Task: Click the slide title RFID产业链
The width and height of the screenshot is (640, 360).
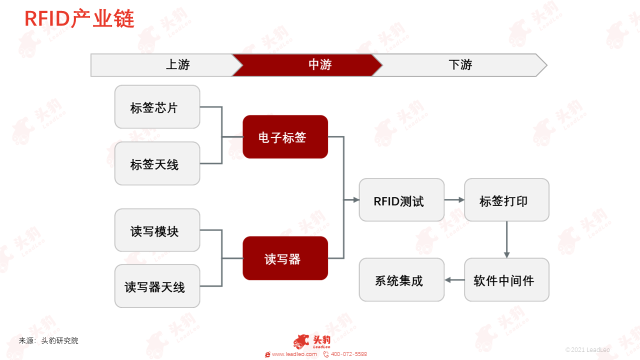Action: tap(79, 18)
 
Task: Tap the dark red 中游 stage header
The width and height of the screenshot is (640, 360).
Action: tap(307, 65)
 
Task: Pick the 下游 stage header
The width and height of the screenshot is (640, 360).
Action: tap(460, 65)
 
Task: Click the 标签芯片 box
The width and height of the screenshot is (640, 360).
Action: tap(157, 107)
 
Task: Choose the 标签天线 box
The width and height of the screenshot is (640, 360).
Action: tap(157, 163)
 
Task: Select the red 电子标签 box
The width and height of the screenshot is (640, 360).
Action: tap(285, 137)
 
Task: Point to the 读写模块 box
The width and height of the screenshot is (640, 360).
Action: tap(157, 230)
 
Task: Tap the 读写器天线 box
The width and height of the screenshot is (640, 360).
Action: tap(157, 286)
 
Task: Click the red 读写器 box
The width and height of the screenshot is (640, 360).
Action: tap(285, 258)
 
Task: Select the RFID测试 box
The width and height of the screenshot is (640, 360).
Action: tap(401, 200)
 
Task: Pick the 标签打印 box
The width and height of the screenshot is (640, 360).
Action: tap(506, 200)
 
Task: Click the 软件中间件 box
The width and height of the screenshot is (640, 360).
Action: tap(506, 279)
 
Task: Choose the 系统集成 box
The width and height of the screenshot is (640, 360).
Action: tap(401, 279)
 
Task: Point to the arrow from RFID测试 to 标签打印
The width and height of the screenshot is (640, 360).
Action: tap(454, 200)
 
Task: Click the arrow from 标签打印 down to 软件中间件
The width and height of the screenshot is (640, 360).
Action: tap(506, 239)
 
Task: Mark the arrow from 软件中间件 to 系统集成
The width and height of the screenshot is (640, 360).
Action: tap(454, 280)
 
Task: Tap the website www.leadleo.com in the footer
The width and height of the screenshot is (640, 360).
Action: tap(294, 354)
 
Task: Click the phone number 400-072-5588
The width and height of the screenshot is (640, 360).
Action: tap(348, 354)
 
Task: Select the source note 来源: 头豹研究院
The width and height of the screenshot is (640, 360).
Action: tap(48, 340)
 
